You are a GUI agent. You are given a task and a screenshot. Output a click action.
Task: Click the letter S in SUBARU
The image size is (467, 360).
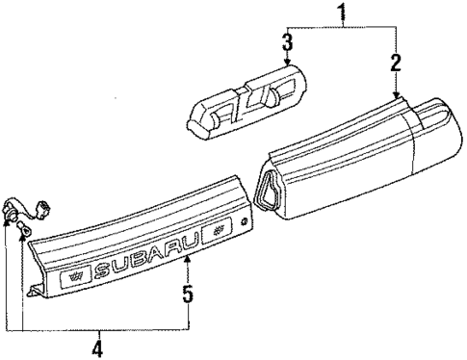pyautogui.click(x=104, y=267)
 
